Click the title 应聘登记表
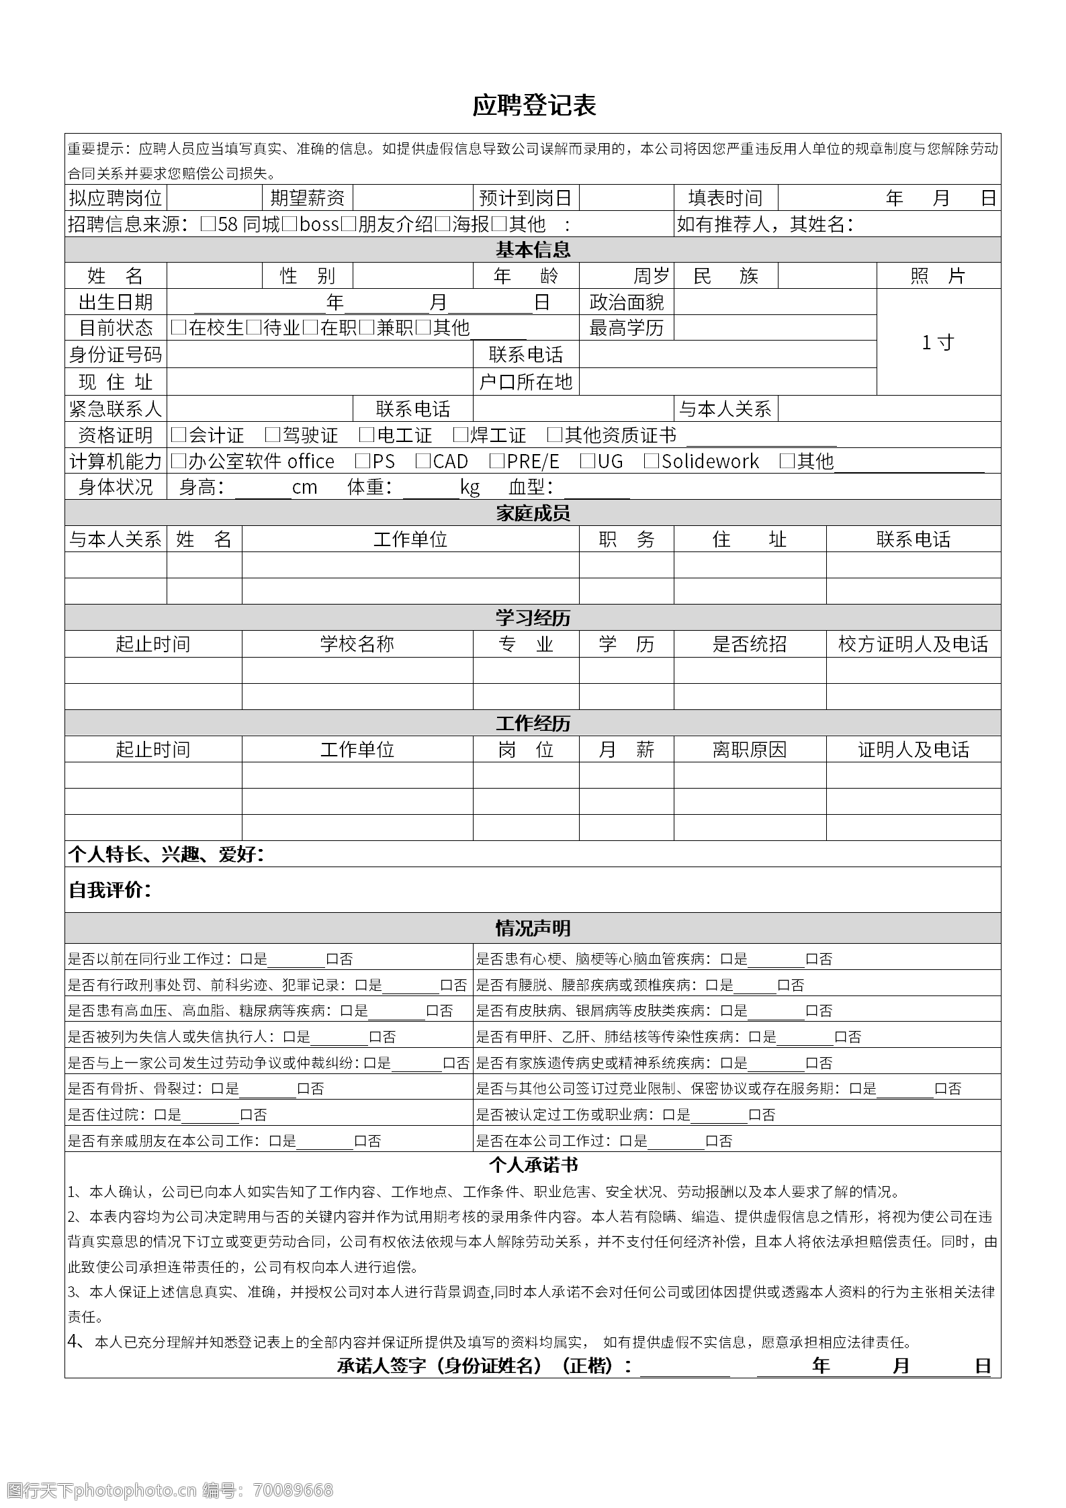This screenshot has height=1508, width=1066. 533,105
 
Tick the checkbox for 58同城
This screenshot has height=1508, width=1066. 208,224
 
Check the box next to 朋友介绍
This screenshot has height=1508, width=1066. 349,224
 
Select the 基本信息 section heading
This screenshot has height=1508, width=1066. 533,250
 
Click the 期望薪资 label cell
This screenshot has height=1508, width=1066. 307,198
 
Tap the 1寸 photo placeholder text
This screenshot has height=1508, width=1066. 938,343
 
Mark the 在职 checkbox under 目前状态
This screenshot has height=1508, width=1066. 310,328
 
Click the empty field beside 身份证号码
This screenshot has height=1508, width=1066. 320,355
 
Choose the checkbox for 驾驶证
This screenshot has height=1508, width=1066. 272,435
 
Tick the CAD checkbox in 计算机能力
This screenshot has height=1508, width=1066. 423,461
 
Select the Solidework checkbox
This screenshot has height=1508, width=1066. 651,461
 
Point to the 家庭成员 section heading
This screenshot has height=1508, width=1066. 533,513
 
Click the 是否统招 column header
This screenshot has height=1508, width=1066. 750,644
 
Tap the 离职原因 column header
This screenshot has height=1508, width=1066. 750,750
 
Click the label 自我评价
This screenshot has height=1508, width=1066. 110,890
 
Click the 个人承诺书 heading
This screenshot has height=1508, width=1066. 533,1165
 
